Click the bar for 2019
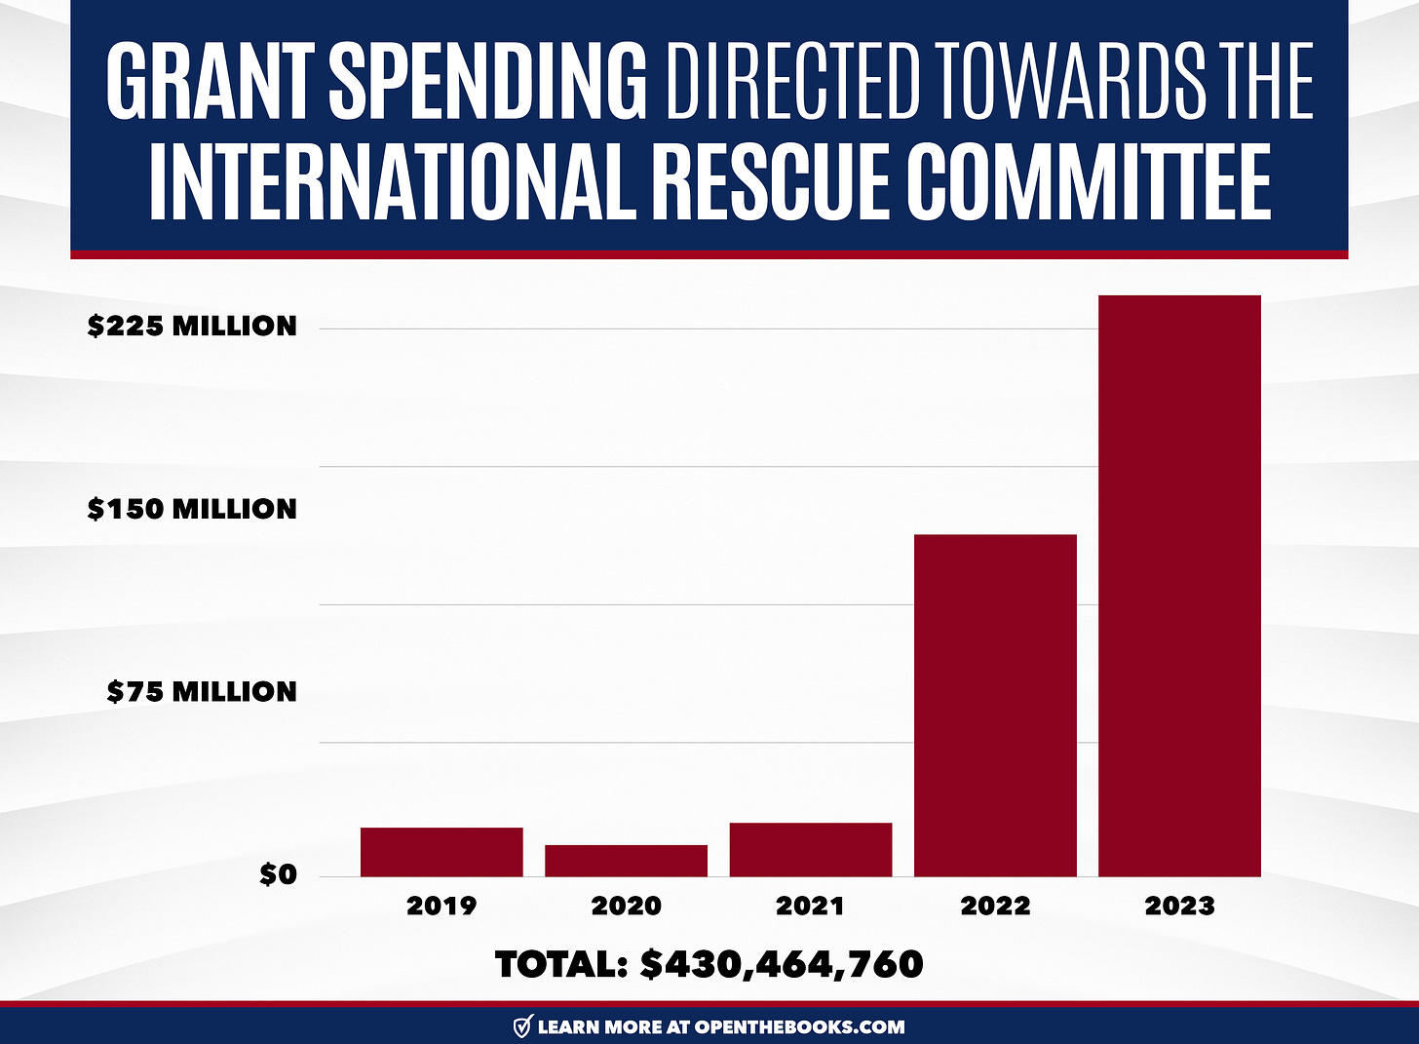(x=441, y=852)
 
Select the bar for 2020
(x=626, y=861)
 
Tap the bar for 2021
(x=810, y=850)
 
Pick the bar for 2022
(x=995, y=706)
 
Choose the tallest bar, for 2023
(x=1179, y=586)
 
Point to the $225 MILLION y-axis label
(x=192, y=326)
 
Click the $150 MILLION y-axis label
(x=192, y=509)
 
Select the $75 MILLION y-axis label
(x=202, y=692)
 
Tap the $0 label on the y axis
(x=278, y=875)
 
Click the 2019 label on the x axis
(x=441, y=906)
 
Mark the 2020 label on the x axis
(x=626, y=906)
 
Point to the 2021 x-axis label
(x=810, y=906)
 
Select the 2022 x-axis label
(x=995, y=906)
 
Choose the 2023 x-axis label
(x=1179, y=906)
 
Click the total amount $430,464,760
(x=782, y=965)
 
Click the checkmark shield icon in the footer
(x=522, y=1026)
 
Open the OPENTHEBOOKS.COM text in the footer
(x=799, y=1026)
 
